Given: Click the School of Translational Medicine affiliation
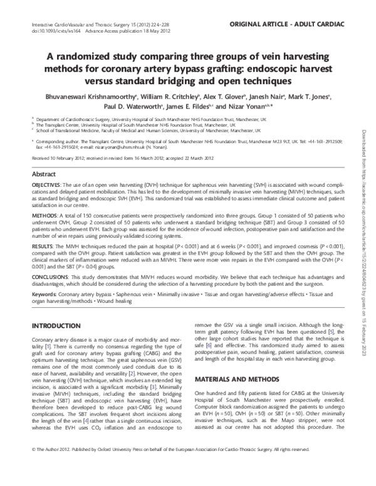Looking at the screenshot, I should (148, 130).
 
